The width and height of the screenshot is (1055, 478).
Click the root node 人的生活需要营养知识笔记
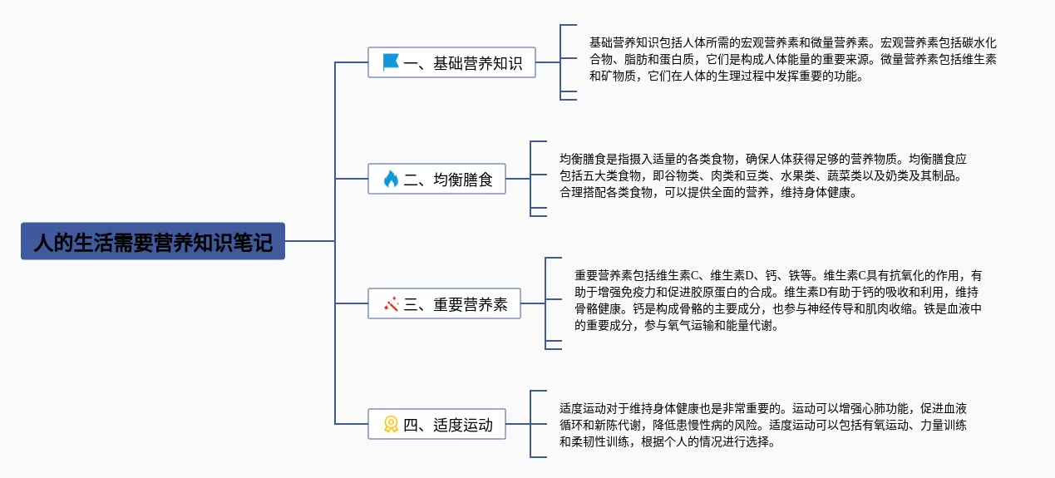[x=153, y=241]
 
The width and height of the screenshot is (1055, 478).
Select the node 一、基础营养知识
[x=451, y=62]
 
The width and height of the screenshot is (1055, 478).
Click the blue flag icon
[x=391, y=62]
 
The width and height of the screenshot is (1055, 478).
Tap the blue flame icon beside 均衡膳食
[x=391, y=179]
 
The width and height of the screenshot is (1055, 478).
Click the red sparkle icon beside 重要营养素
[x=392, y=304]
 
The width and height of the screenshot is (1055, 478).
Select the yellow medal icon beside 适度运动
[x=391, y=425]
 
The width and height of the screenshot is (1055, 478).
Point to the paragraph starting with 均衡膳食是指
[x=762, y=175]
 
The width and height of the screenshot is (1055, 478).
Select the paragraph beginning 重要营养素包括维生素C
[x=777, y=300]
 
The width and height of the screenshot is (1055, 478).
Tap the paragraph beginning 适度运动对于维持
[x=762, y=425]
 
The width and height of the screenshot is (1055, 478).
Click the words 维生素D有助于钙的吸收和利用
[x=868, y=292]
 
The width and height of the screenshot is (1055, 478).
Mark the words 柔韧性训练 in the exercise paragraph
[x=603, y=442]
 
